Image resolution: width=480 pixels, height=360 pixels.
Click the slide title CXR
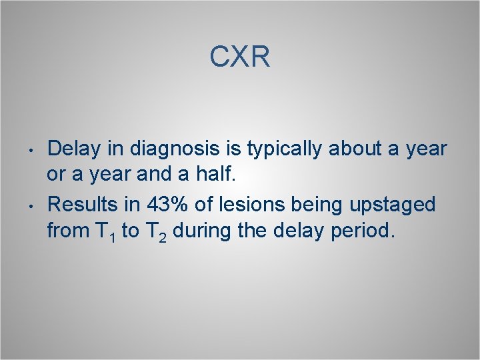[x=239, y=57]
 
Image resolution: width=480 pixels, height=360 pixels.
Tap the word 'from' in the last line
[x=67, y=231]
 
